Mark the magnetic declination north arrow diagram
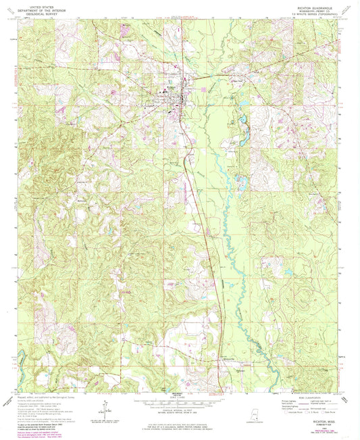[x=105, y=406]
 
